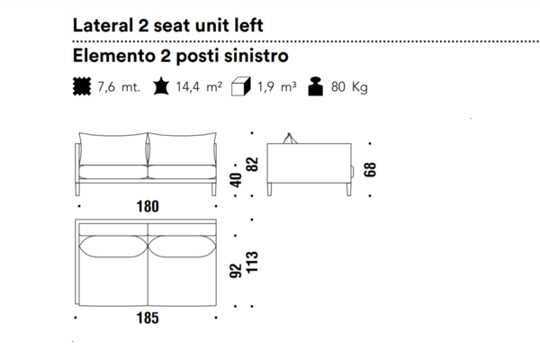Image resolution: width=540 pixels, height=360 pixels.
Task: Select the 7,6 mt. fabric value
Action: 119,86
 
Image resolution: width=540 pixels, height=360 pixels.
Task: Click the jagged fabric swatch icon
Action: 82,86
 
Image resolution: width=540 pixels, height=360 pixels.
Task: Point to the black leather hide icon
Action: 161,86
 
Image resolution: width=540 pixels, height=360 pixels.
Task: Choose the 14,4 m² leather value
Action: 199,86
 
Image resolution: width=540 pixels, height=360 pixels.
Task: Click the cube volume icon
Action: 241,86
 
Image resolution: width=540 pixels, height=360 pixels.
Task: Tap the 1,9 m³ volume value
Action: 276,86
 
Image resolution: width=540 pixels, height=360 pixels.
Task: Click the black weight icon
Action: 316,86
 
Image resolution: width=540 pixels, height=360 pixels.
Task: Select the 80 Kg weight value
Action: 349,87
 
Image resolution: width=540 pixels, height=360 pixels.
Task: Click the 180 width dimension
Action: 148,206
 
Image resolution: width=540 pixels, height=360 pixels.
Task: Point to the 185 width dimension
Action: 148,318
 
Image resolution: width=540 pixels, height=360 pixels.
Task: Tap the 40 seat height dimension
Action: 236,180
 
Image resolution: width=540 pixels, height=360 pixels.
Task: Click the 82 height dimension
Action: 252,165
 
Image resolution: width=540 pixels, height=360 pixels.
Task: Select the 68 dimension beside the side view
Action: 370,170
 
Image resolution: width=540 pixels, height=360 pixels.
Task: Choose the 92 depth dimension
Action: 236,271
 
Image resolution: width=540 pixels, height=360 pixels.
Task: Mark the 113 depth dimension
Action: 252,262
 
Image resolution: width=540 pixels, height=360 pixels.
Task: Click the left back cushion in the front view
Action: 113,148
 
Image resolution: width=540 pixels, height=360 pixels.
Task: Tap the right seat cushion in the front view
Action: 182,172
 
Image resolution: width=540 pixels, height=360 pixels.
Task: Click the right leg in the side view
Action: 349,190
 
